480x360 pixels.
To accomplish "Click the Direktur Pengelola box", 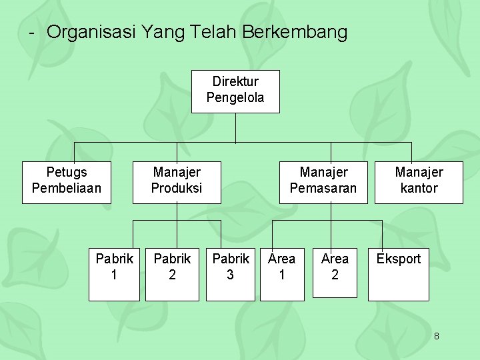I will click(x=235, y=91).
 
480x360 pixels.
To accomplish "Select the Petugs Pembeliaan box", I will click(x=66, y=181).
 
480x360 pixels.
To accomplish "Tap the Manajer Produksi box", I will click(x=176, y=181).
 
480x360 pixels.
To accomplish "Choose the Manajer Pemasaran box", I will click(x=323, y=181).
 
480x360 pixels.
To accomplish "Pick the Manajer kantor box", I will click(x=419, y=181).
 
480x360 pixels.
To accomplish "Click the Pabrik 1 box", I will click(x=114, y=274).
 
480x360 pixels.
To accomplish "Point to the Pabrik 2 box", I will click(x=172, y=274).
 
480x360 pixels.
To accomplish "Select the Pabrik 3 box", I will click(x=230, y=274).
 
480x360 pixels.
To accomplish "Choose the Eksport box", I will click(x=399, y=274).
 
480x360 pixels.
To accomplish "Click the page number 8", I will click(x=437, y=336).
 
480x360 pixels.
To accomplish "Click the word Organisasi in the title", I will click(x=91, y=32).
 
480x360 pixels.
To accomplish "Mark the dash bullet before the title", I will click(x=31, y=33).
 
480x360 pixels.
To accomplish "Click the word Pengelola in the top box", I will click(x=235, y=98).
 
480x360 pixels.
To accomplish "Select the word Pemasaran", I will click(x=323, y=188).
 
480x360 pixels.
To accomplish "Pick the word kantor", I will click(x=419, y=188).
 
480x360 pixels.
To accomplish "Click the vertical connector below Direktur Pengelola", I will click(x=235, y=128).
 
